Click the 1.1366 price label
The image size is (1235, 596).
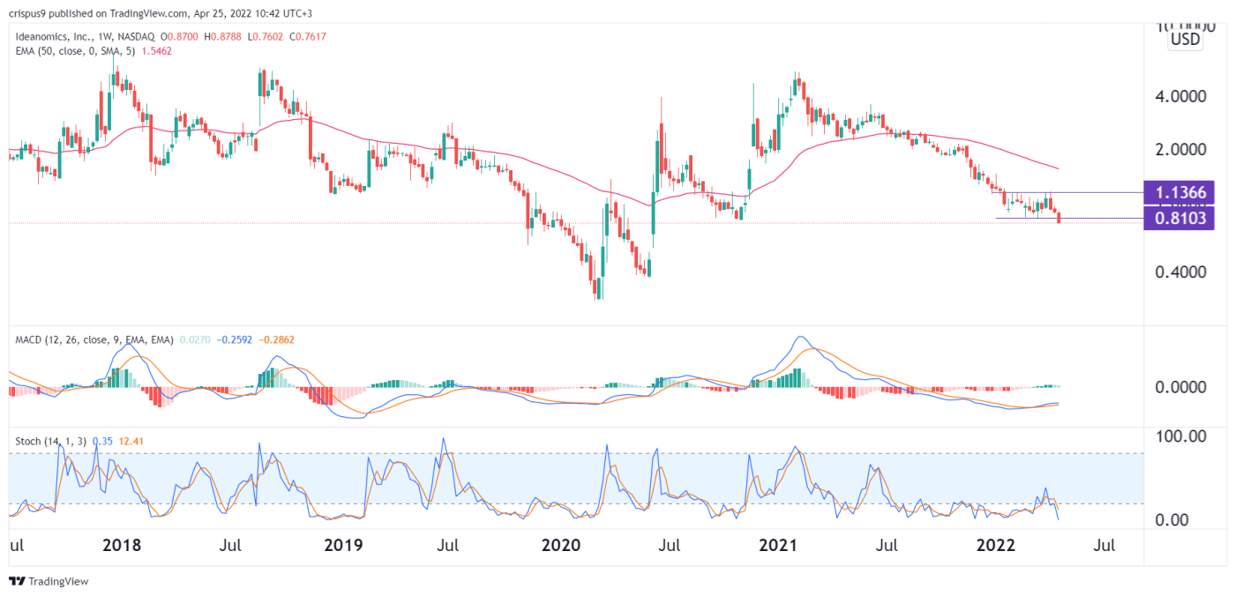click(1179, 192)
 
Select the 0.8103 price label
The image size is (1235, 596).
click(1179, 218)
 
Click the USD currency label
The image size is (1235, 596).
click(1184, 40)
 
